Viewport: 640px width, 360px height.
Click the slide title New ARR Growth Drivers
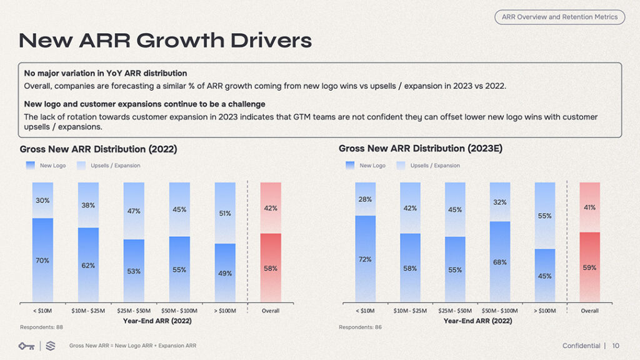pyautogui.click(x=165, y=41)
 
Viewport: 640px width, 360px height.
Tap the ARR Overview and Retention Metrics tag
pyautogui.click(x=559, y=17)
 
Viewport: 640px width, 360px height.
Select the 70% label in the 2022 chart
pyautogui.click(x=42, y=261)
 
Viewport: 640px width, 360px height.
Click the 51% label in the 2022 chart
pyautogui.click(x=225, y=214)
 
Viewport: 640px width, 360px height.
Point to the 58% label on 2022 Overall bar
pyautogui.click(x=271, y=268)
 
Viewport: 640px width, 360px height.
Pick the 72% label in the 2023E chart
pyautogui.click(x=365, y=259)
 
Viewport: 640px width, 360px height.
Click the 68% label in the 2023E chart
pyautogui.click(x=499, y=262)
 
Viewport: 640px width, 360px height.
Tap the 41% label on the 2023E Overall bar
pyautogui.click(x=589, y=207)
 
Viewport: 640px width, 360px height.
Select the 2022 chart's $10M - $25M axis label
pyautogui.click(x=87, y=311)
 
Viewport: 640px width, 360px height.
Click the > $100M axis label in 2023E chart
pyautogui.click(x=544, y=311)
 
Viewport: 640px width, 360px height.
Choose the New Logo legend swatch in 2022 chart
pyautogui.click(x=31, y=166)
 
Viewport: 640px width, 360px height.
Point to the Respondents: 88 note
pyautogui.click(x=41, y=327)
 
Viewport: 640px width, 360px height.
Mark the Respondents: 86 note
pyautogui.click(x=360, y=327)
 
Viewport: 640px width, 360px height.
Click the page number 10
pyautogui.click(x=616, y=346)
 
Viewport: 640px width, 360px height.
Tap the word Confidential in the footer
pyautogui.click(x=581, y=346)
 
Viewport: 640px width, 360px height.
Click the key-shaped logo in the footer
pyautogui.click(x=26, y=346)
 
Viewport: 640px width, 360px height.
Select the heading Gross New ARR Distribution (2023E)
pyautogui.click(x=420, y=149)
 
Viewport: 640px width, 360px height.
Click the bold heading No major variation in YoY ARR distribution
pyautogui.click(x=105, y=73)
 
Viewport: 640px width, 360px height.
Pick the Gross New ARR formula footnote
pyautogui.click(x=132, y=346)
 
